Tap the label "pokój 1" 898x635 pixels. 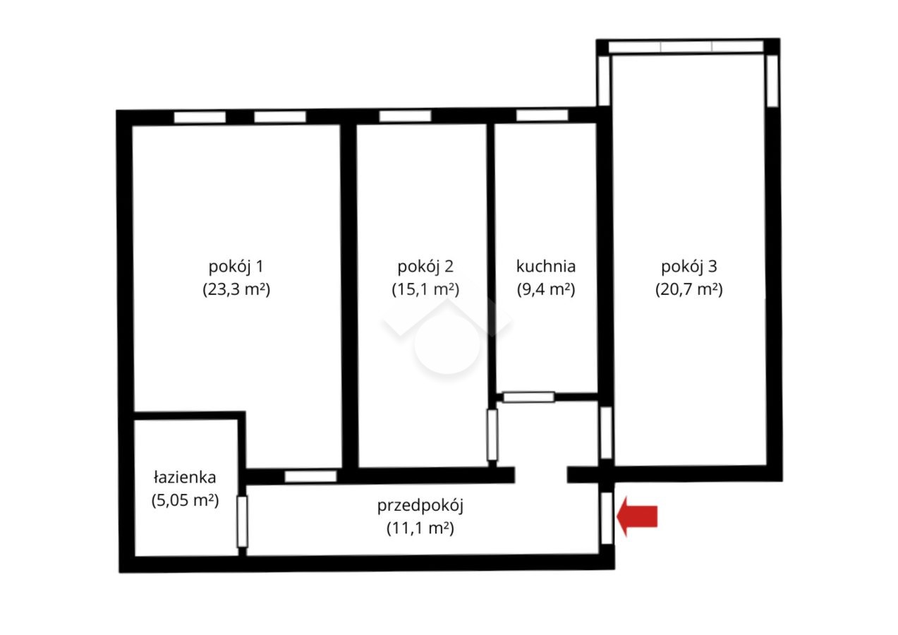(x=236, y=267)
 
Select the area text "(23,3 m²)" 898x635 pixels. (x=236, y=289)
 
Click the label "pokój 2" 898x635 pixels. (x=425, y=267)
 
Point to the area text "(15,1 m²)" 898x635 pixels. (x=425, y=289)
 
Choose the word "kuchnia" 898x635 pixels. (x=545, y=266)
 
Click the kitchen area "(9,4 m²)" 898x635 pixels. (x=545, y=289)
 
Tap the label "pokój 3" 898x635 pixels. (x=688, y=267)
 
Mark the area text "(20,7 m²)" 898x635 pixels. (x=688, y=289)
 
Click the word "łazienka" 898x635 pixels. (x=185, y=478)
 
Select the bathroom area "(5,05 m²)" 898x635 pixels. (x=185, y=500)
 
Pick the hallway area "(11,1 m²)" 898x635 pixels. (x=420, y=528)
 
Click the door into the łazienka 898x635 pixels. (x=242, y=521)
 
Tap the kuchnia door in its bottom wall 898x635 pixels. (x=529, y=397)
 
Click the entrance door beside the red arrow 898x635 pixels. (x=607, y=518)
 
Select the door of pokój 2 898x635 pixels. (x=492, y=435)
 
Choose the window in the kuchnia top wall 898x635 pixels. (x=542, y=115)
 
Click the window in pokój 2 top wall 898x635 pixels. (x=405, y=116)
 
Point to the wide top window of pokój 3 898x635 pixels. (x=686, y=47)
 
